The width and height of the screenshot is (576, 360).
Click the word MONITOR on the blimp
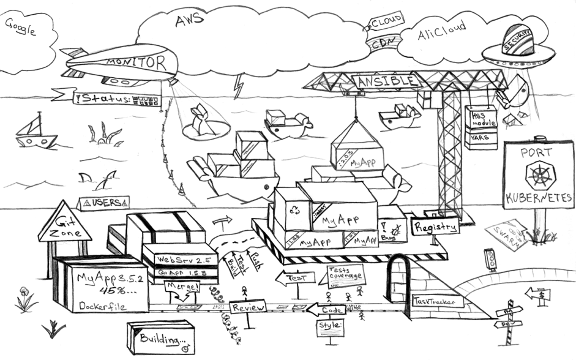point(136,62)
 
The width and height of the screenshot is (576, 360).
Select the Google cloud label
point(20,26)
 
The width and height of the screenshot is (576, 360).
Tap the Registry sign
point(435,227)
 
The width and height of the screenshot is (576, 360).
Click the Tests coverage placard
point(343,274)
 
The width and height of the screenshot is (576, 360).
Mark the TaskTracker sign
point(438,301)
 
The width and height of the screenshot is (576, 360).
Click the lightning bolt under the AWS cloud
point(239,86)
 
